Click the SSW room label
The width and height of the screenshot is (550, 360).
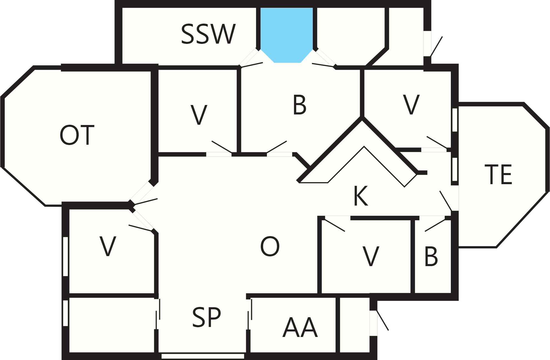(208, 34)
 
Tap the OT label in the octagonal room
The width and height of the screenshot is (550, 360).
(77, 135)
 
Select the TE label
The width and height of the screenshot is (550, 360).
(498, 174)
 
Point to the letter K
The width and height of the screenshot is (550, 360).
(361, 196)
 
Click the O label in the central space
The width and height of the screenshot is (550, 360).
(270, 246)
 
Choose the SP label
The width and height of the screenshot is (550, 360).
(206, 317)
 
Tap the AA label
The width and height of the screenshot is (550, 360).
(300, 327)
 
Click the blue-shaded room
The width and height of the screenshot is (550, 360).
(287, 33)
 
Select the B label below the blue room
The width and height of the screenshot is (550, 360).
(299, 105)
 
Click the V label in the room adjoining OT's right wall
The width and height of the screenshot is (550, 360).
(199, 115)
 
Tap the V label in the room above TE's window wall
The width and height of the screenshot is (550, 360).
(411, 104)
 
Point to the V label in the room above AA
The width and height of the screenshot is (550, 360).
(371, 256)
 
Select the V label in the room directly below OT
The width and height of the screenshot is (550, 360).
(108, 246)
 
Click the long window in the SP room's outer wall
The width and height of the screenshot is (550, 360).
(203, 356)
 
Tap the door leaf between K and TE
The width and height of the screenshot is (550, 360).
(446, 201)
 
